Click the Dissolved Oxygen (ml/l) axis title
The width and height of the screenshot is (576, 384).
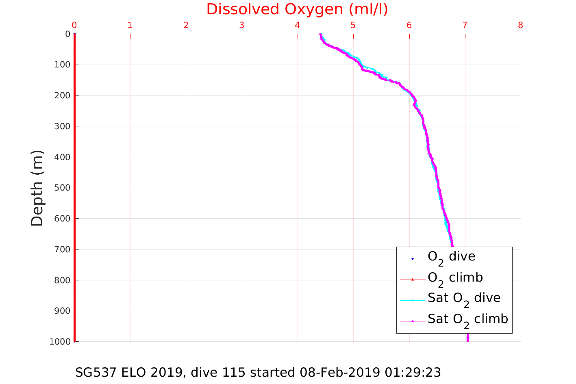pyautogui.click(x=297, y=9)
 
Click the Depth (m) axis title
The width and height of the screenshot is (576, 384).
pyautogui.click(x=37, y=188)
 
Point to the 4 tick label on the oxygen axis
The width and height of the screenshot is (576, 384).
pyautogui.click(x=298, y=25)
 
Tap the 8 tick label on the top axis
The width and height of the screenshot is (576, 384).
pyautogui.click(x=520, y=25)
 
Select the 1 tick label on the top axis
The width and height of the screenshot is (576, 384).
pyautogui.click(x=130, y=25)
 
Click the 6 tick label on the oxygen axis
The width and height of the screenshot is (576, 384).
pyautogui.click(x=409, y=25)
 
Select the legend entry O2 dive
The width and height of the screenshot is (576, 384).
pyautogui.click(x=451, y=257)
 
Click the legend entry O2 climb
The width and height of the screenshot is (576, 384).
pyautogui.click(x=455, y=278)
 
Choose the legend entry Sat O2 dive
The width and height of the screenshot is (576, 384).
pyautogui.click(x=464, y=299)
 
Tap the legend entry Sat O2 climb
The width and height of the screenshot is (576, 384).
pyautogui.click(x=467, y=320)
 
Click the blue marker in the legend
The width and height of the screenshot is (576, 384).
pyautogui.click(x=412, y=259)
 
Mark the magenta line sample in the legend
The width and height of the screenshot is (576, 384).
pyautogui.click(x=412, y=321)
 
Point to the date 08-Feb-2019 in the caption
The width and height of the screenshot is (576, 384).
pyautogui.click(x=340, y=372)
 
